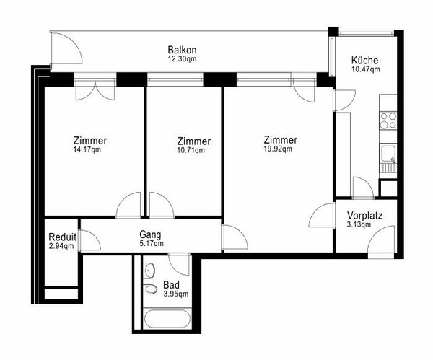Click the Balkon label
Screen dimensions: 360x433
(x=181, y=50)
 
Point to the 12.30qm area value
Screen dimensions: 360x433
(x=181, y=59)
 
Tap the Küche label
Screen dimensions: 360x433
(x=365, y=60)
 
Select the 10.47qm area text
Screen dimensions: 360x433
(x=365, y=70)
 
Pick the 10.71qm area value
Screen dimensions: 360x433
(x=193, y=151)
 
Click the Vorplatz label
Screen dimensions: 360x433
(x=364, y=215)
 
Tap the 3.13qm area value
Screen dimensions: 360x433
(x=359, y=225)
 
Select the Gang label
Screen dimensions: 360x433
(x=150, y=234)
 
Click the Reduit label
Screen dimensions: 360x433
(x=61, y=237)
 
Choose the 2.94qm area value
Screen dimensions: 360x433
(x=61, y=246)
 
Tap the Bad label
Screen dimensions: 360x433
(x=171, y=284)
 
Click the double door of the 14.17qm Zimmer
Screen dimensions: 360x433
(x=95, y=89)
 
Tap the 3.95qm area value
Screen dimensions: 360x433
(x=175, y=294)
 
